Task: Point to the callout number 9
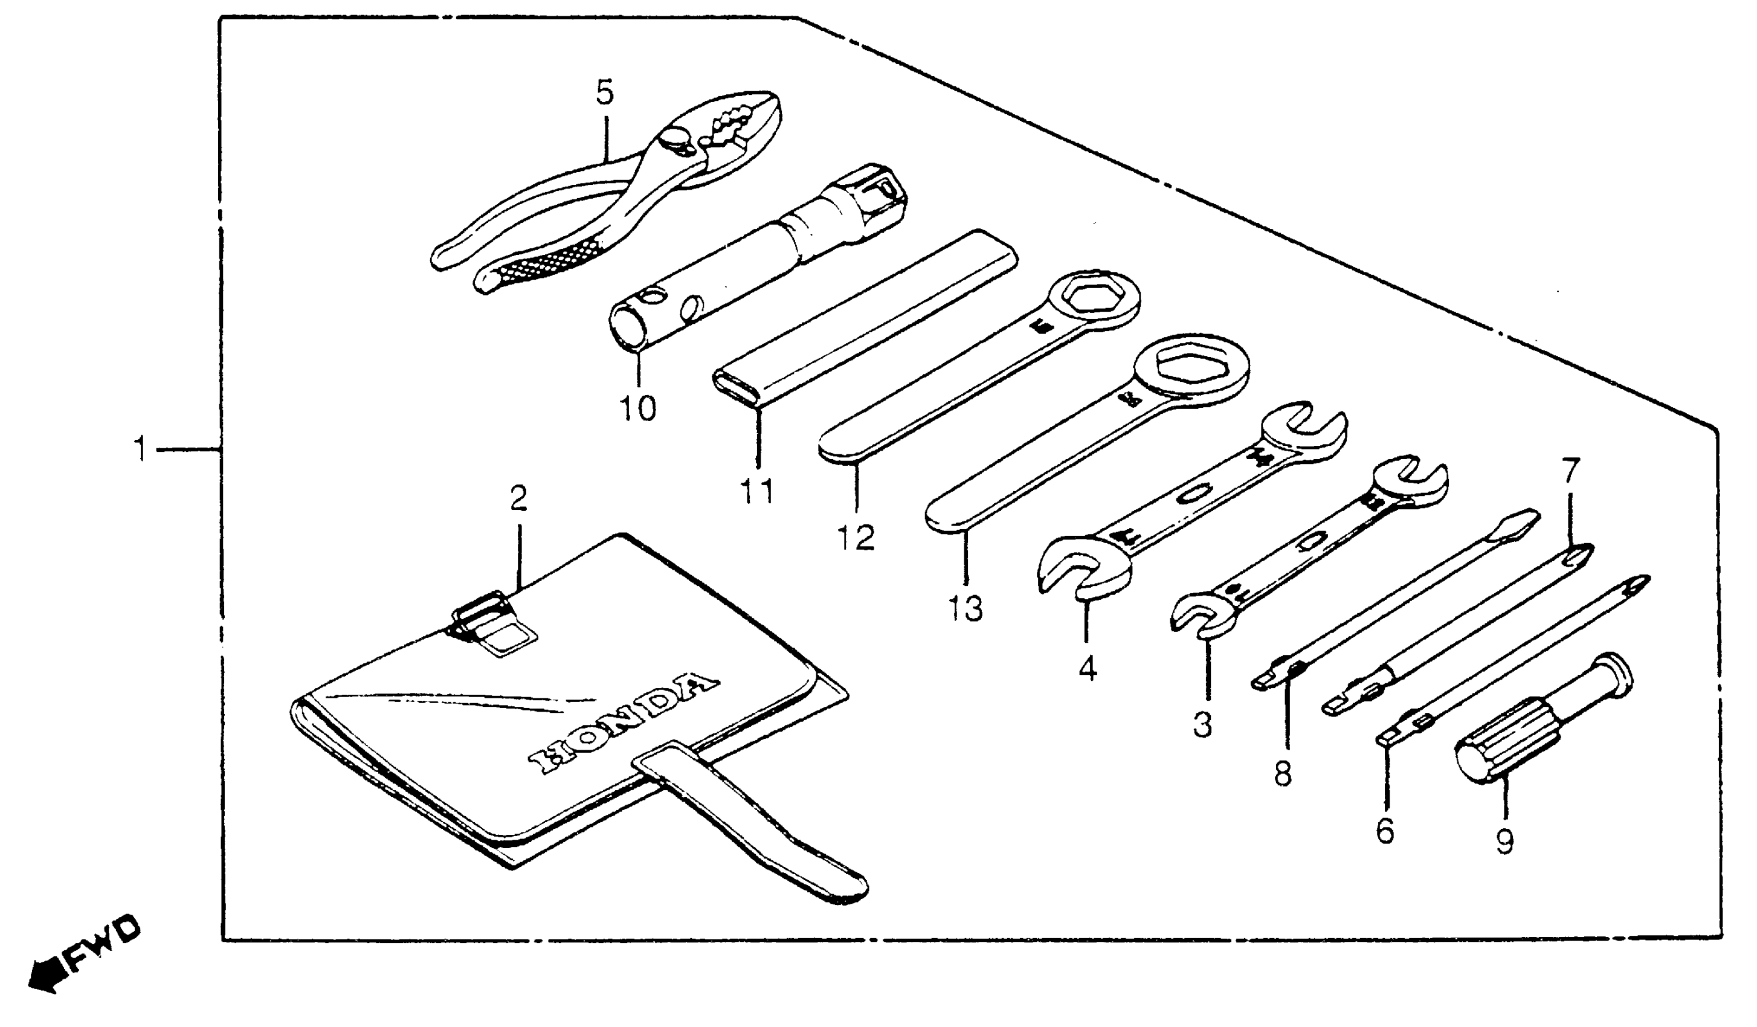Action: (x=1505, y=841)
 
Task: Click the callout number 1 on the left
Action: (x=141, y=449)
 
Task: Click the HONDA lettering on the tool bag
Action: (x=622, y=726)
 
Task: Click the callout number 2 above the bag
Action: (x=518, y=498)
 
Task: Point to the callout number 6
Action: (x=1385, y=831)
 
